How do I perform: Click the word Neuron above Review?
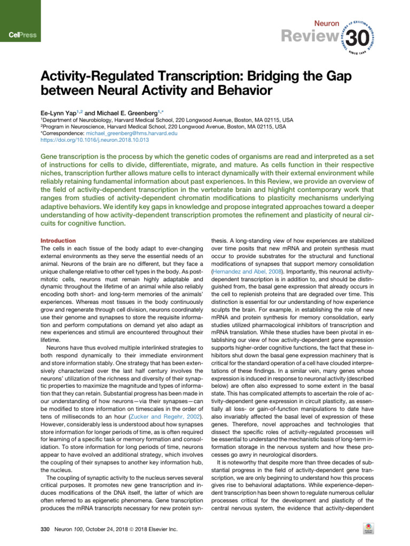(x=327, y=25)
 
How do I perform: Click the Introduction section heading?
(x=59, y=240)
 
